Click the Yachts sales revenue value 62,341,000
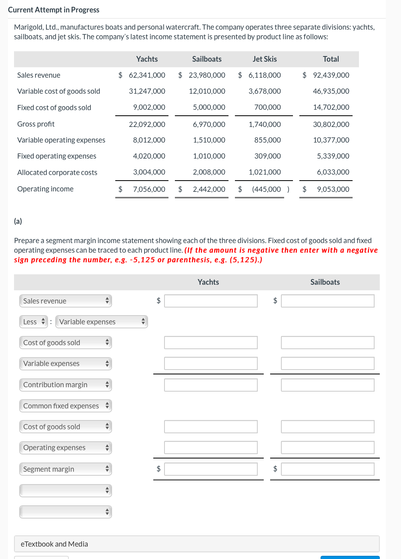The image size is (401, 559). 147,75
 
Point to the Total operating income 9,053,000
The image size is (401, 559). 333,189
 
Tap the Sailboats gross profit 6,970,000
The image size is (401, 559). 209,125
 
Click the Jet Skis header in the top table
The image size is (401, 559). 265,59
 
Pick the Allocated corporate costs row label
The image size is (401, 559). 57,173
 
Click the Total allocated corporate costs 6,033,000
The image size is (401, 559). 333,172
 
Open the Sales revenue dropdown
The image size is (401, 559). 66,301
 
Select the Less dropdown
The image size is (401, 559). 34,322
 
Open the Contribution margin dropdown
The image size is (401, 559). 66,385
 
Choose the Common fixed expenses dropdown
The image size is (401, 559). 66,406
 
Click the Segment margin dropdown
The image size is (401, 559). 66,469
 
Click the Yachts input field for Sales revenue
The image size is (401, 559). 211,301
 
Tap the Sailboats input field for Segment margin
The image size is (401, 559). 327,469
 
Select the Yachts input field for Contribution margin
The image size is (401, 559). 211,385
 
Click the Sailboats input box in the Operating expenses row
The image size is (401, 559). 327,448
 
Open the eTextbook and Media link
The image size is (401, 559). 54,544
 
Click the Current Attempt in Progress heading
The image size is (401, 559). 54,10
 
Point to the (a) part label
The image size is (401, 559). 18,221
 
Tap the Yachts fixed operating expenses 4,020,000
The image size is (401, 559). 149,156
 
